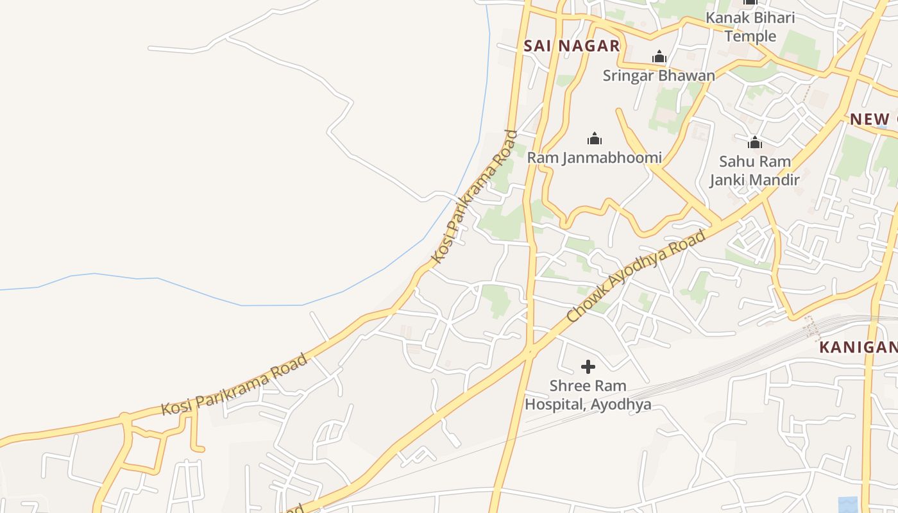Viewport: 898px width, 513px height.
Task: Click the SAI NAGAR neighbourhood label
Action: [x=572, y=46]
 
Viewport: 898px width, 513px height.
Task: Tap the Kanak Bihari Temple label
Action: [x=750, y=26]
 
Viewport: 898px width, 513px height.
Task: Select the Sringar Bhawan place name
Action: [x=659, y=75]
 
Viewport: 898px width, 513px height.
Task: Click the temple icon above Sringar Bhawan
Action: [x=659, y=57]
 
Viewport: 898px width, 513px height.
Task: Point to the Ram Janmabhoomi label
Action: [x=594, y=157]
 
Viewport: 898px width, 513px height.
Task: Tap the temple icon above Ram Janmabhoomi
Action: [x=595, y=139]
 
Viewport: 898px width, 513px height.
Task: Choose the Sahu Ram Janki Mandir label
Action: [x=754, y=171]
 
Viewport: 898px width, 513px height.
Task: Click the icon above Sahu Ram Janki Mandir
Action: [x=755, y=142]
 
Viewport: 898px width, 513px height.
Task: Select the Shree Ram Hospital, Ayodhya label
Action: [x=588, y=395]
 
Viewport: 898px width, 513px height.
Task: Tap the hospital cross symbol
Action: [x=588, y=367]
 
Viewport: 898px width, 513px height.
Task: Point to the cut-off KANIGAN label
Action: [x=858, y=348]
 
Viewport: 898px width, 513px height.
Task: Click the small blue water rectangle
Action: [x=847, y=505]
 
